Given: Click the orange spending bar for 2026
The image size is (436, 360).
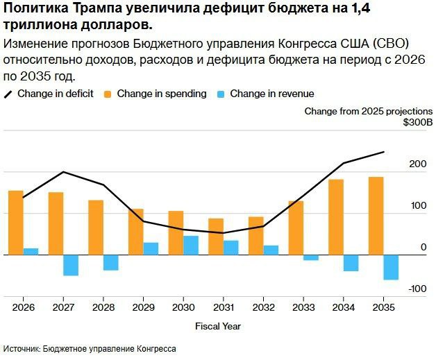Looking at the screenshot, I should point(15,223).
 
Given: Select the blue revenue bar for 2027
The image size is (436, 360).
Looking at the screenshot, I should point(71,265).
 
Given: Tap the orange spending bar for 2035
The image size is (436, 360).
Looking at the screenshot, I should point(376,216).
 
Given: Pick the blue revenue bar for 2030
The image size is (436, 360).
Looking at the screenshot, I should point(191,246).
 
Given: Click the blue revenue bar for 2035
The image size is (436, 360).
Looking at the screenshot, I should point(391,267).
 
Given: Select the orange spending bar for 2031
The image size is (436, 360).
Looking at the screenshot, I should point(216,237).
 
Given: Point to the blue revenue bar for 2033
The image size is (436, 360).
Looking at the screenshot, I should point(311,257).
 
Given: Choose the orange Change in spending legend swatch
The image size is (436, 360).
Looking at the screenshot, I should point(108,94).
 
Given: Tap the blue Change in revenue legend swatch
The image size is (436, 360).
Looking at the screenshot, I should point(221,94).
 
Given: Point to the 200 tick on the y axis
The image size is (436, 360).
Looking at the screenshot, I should point(417,164).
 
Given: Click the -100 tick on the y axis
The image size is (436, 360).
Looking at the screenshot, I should point(417,289).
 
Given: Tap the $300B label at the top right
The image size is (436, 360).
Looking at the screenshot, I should point(418,123).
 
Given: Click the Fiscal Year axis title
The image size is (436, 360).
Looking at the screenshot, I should point(218,325).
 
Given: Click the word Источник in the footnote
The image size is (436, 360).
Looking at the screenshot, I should point(24,349).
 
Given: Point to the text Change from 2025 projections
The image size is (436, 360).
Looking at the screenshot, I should point(368,111).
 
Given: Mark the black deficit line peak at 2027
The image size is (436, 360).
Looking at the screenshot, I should point(63,172).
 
